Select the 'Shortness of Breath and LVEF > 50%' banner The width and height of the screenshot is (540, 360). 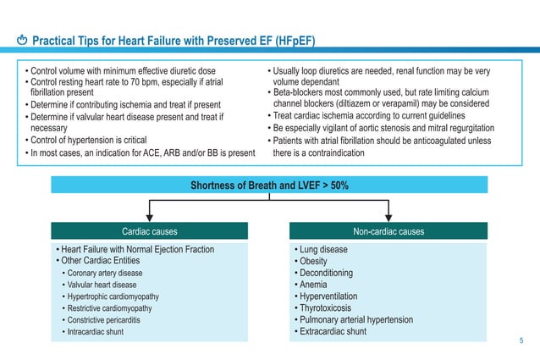pyautogui.click(x=269, y=186)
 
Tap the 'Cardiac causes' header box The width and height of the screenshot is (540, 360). pyautogui.click(x=150, y=230)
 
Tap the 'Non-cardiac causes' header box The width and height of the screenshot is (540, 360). pyautogui.click(x=389, y=230)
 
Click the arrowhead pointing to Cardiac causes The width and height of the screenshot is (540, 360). pyautogui.click(x=150, y=216)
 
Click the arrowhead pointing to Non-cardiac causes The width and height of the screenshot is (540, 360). pyautogui.click(x=388, y=216)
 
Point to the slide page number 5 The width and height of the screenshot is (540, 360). pyautogui.click(x=521, y=341)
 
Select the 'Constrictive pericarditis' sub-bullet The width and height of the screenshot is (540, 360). pyautogui.click(x=114, y=320)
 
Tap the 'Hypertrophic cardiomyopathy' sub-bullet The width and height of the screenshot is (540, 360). pyautogui.click(x=119, y=296)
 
